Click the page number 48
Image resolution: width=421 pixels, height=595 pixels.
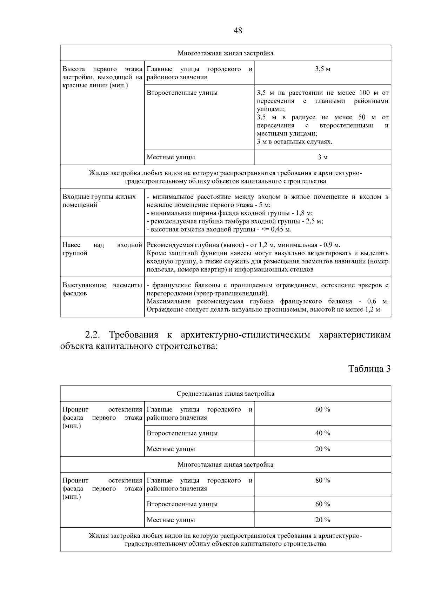click(x=238, y=31)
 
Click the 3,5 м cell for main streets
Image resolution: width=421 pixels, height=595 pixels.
click(x=322, y=69)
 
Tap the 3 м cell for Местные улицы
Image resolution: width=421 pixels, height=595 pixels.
click(x=322, y=157)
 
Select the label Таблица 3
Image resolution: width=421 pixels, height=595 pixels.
click(x=369, y=369)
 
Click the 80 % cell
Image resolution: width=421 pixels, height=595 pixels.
click(x=322, y=480)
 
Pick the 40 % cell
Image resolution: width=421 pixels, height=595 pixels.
click(x=322, y=433)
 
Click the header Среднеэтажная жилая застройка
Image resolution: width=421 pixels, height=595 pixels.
click(x=225, y=394)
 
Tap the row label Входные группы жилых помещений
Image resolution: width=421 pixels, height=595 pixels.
click(x=99, y=201)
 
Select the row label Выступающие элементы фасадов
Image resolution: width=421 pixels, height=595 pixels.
click(x=102, y=289)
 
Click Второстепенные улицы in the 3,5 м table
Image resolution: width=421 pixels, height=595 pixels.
click(x=182, y=93)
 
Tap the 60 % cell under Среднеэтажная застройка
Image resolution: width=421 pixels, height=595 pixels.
click(x=322, y=409)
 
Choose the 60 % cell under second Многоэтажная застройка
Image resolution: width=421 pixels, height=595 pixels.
click(x=322, y=504)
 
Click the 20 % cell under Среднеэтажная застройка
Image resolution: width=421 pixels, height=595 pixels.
click(x=322, y=449)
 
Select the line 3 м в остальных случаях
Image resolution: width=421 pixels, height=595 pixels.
click(x=294, y=142)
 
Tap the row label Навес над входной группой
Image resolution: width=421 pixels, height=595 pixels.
click(x=102, y=249)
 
